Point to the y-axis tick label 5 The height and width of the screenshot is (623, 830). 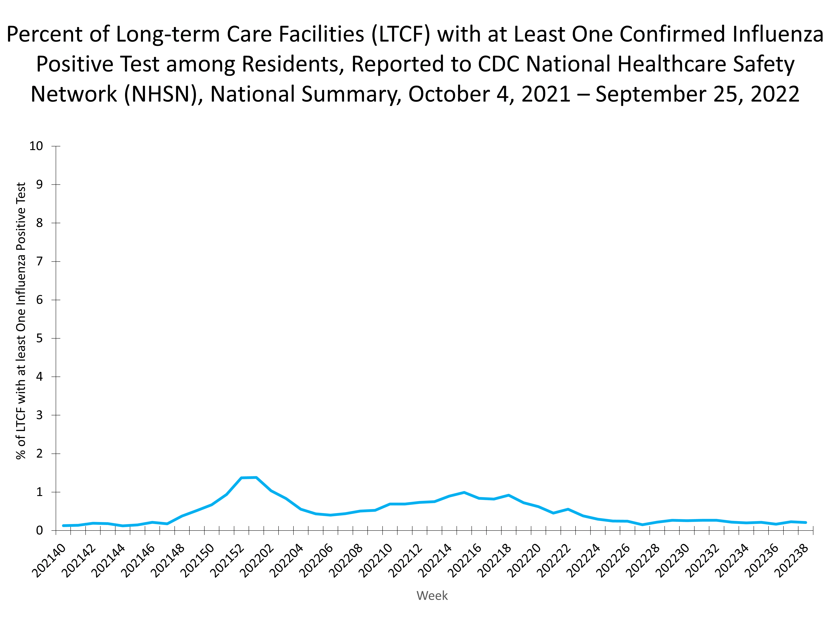coord(39,338)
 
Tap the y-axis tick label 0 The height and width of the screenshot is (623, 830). coord(39,531)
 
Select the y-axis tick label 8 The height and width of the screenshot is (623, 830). coord(39,223)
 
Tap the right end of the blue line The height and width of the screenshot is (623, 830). coord(806,522)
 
